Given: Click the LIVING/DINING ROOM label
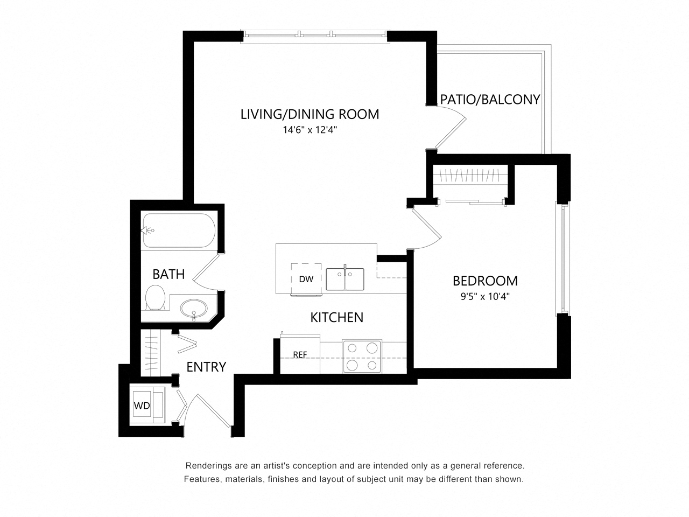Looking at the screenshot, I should click(310, 114).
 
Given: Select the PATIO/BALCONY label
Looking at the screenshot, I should click(490, 100).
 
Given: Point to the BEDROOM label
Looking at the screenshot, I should click(485, 281).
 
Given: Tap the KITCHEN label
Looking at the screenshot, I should click(336, 318).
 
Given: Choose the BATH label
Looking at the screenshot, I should click(168, 274).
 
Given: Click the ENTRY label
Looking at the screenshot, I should click(206, 367).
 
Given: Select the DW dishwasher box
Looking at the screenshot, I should click(306, 278).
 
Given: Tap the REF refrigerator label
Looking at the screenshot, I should click(300, 355).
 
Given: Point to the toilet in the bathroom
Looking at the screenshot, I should click(156, 298).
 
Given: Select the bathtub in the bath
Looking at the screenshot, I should click(179, 230).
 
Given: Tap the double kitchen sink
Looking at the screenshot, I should click(345, 279).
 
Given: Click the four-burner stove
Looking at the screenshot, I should click(361, 357).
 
